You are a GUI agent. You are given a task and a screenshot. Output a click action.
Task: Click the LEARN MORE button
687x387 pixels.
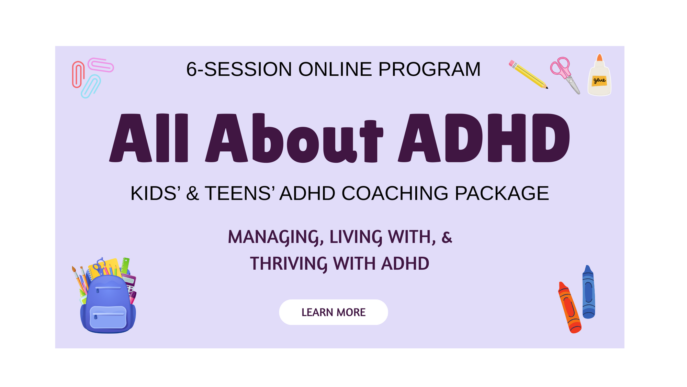coord(333,312)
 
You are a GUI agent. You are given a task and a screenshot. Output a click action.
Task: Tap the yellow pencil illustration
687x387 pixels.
coord(528,75)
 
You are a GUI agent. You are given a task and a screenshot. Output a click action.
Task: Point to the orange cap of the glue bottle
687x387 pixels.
coord(599,57)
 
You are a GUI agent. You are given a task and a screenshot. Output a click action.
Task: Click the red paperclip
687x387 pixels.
coord(78,74)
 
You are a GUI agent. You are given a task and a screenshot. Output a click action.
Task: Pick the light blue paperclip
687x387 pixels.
coord(91,86)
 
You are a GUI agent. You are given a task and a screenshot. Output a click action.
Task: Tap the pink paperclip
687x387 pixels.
coord(101,65)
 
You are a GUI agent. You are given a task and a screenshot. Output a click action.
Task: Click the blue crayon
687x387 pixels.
coord(588,292)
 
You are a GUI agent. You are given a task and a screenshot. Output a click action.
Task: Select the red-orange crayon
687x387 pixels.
coord(569,307)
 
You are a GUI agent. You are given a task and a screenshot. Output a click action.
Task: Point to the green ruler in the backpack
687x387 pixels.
coord(125,266)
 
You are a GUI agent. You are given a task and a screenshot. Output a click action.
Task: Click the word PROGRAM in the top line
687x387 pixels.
coord(429,69)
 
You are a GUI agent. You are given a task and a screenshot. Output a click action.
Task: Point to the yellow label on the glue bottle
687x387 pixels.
coord(599,81)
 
